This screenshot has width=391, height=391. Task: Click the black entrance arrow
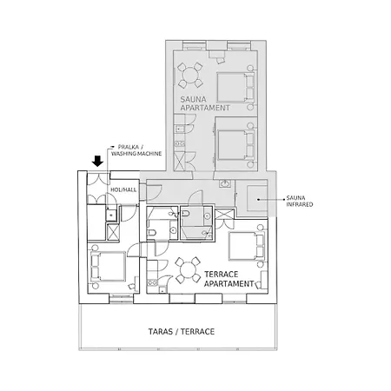coord(98,161)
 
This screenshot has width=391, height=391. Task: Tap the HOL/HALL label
coord(123,189)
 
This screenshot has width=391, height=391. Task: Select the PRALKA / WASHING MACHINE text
coord(136,150)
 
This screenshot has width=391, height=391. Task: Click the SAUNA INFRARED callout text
coord(300,201)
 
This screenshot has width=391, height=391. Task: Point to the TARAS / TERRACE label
coord(182,331)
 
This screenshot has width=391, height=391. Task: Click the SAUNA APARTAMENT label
coord(205,103)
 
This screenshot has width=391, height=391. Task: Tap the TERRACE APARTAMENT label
coord(229,279)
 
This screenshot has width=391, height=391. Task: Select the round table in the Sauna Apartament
coord(190,76)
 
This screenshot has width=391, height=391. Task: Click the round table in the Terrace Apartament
coord(188,270)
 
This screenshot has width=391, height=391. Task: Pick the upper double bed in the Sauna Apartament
coord(235,87)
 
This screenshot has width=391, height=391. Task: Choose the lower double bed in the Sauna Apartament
coord(235,145)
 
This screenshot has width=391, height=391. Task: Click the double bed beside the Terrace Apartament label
coord(247,246)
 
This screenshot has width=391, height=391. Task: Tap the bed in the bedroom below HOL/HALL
coord(109,267)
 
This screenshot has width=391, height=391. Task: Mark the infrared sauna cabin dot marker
coord(258,199)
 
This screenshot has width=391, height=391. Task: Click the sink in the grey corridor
coord(225,183)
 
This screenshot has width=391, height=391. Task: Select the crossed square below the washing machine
coord(112,232)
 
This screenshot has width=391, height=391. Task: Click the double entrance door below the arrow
coord(98,179)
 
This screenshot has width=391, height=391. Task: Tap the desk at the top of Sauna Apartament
coord(216,54)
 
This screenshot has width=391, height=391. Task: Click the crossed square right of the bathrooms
coord(224,214)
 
